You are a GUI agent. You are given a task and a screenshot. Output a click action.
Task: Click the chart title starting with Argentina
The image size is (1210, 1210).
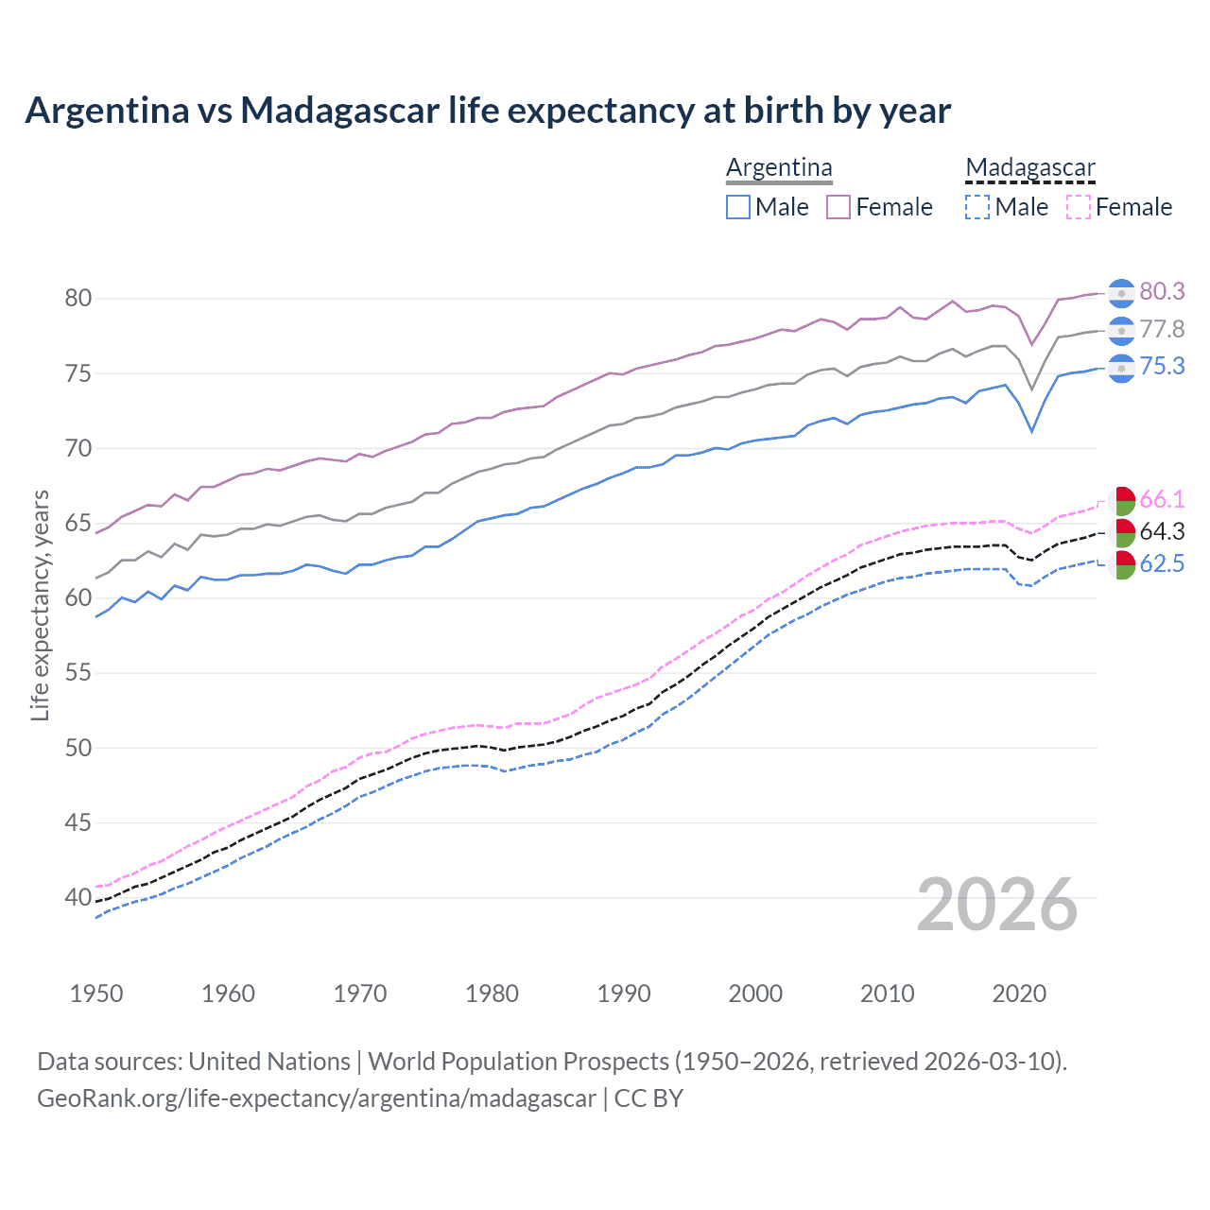[488, 111]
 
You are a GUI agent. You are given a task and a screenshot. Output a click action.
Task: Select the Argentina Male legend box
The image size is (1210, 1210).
[738, 207]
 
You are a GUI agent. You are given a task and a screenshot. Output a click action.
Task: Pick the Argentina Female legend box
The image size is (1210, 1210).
[838, 207]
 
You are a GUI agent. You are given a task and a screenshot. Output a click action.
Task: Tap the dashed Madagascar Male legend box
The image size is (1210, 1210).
[977, 207]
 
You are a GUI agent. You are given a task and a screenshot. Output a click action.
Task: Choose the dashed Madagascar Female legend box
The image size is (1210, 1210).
[1079, 207]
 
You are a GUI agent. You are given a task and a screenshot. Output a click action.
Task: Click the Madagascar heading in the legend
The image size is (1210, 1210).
[1030, 168]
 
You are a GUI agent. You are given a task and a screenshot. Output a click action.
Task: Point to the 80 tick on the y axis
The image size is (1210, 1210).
[78, 299]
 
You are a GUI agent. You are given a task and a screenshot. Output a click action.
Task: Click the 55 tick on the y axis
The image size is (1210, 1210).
[78, 673]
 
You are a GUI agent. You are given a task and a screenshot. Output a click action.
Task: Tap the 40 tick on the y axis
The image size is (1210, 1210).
[78, 898]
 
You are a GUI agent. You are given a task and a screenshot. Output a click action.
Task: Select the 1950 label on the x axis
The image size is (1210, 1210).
[96, 994]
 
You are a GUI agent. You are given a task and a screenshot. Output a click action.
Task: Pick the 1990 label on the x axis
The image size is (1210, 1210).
[624, 994]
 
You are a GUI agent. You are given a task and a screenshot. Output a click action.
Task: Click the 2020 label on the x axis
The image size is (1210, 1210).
[1019, 994]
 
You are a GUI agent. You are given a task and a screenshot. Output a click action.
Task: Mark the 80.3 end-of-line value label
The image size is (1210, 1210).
[1162, 292]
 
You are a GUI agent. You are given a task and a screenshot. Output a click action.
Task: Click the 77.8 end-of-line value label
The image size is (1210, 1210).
[1162, 330]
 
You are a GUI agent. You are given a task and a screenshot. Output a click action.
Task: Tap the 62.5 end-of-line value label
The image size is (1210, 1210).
[1162, 564]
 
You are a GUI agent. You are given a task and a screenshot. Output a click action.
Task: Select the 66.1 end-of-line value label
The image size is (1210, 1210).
[1162, 500]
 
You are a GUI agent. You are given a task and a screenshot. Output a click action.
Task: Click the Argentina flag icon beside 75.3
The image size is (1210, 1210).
[1121, 368]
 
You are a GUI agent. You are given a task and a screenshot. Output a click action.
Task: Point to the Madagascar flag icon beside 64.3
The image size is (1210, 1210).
[1121, 532]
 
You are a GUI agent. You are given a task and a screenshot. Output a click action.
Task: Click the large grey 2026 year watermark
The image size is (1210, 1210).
[997, 906]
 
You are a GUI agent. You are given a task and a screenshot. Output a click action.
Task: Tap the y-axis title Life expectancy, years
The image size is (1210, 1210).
[41, 605]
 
